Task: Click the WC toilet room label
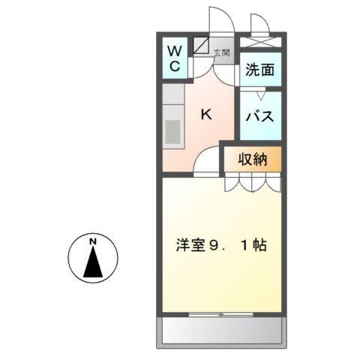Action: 174,58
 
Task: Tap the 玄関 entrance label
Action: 221,52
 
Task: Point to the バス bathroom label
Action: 260,116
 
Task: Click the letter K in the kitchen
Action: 206,114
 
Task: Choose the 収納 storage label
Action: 253,159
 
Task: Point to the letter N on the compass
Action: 93,242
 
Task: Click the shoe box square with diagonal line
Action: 201,46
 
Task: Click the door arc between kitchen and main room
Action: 206,164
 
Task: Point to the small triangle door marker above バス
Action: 259,95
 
